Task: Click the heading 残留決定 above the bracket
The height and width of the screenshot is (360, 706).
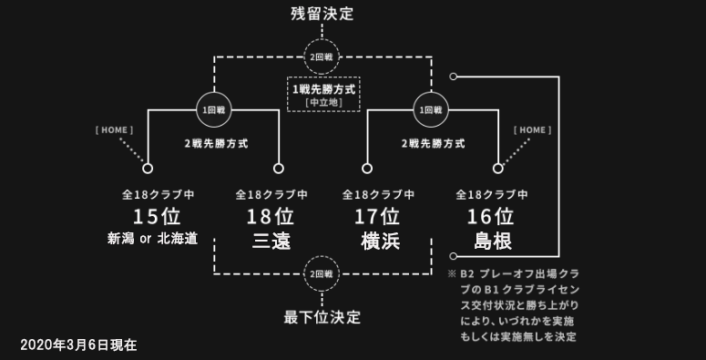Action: [x=322, y=14]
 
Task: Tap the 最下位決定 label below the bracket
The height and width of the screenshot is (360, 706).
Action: [x=322, y=318]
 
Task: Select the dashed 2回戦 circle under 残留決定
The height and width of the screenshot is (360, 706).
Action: [x=322, y=57]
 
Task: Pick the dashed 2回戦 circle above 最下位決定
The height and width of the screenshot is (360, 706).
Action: [x=322, y=274]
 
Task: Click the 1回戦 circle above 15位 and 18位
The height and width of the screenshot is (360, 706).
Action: [x=214, y=109]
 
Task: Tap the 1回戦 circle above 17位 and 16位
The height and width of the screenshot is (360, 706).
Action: [x=431, y=109]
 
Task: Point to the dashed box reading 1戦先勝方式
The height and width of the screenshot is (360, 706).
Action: [x=323, y=94]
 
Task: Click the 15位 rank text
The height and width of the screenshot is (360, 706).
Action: [x=157, y=217]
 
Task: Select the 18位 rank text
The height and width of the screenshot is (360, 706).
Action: [x=271, y=217]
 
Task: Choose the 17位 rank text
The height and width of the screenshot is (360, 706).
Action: [x=377, y=217]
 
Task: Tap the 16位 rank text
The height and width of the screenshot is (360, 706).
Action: [x=491, y=217]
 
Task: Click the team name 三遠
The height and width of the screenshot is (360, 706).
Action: [x=271, y=241]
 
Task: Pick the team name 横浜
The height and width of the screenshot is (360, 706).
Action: [x=381, y=241]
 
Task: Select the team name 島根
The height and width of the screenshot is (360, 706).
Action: [x=493, y=241]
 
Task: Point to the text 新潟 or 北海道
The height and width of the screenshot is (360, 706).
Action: [x=153, y=239]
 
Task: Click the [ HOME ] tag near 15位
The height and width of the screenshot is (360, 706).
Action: [x=115, y=130]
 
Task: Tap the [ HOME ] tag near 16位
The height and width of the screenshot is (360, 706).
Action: [x=532, y=130]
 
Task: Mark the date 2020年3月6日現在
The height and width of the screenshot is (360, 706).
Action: [x=78, y=345]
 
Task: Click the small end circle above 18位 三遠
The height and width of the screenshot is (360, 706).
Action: [x=279, y=169]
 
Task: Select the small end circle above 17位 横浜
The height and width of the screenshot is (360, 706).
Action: [x=367, y=169]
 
